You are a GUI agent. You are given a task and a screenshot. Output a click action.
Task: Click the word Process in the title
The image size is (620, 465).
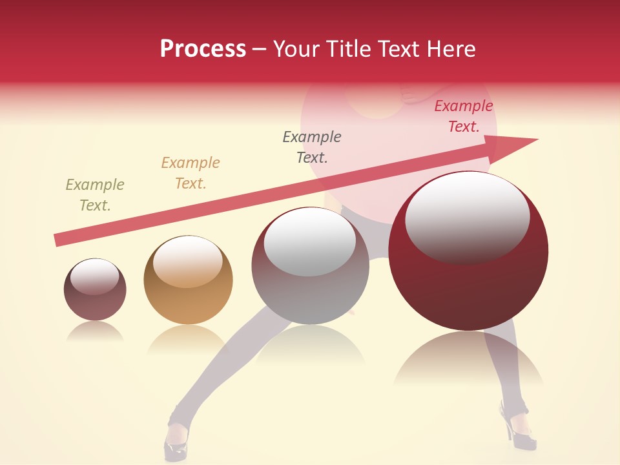pos(203,49)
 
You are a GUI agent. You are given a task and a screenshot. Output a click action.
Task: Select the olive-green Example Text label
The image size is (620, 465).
pos(94,195)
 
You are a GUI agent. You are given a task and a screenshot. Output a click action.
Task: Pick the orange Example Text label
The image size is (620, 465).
pos(190,173)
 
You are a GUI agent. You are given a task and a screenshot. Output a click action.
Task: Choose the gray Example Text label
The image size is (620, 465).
pos(311,147)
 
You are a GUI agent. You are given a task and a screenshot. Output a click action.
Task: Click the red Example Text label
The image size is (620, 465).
pos(463,116)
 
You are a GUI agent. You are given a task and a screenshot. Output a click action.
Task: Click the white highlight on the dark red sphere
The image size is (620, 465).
pos(467,216)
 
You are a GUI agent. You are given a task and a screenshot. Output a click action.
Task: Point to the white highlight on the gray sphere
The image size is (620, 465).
pos(310,242)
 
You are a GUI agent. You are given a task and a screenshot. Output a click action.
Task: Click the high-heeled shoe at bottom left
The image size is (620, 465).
pos(176,442)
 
